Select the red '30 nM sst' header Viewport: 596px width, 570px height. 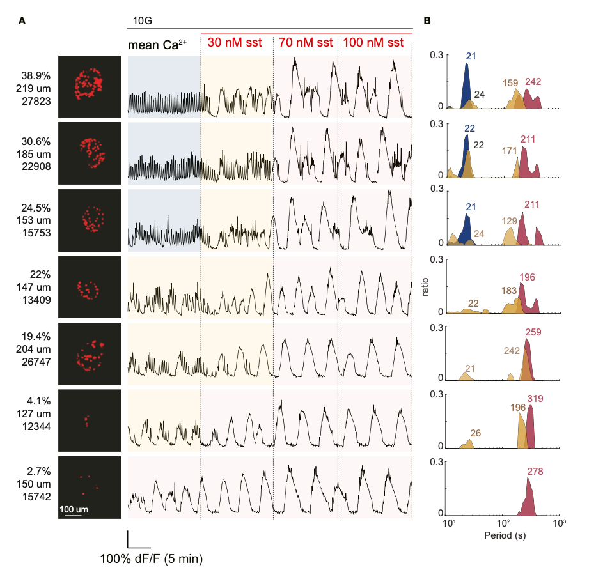[x=237, y=43]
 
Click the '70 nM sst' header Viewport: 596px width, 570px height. [x=305, y=43]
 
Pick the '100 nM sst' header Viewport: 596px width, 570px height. [x=373, y=43]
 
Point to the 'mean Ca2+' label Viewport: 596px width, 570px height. [x=162, y=45]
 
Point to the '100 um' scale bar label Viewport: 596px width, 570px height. [x=74, y=509]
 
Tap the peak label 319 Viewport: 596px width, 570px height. [x=535, y=399]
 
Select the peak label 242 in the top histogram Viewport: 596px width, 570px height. [x=533, y=82]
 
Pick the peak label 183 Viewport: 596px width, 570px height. [x=508, y=291]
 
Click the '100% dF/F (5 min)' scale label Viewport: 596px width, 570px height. [x=151, y=559]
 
